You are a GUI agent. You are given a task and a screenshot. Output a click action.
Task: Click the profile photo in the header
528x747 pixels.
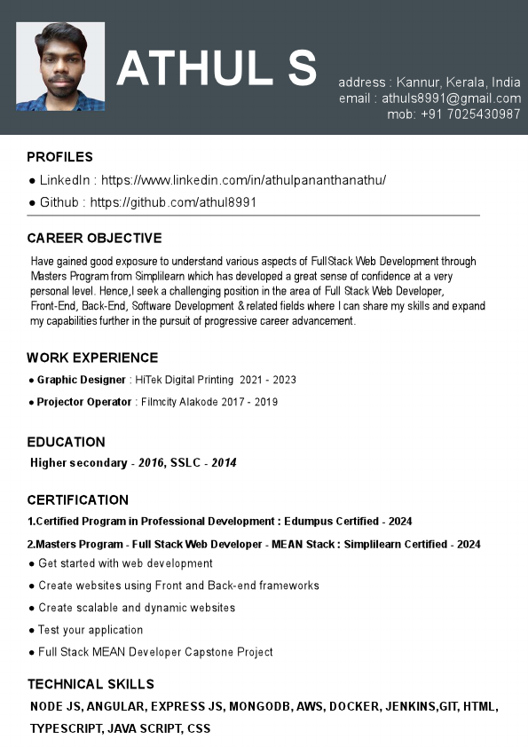tap(60, 67)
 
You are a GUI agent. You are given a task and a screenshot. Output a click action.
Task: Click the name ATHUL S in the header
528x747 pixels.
tap(217, 67)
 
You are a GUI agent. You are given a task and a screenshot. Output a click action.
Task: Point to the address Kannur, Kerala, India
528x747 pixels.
tap(459, 83)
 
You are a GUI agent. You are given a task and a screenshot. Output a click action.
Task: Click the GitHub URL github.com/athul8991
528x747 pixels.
tap(173, 202)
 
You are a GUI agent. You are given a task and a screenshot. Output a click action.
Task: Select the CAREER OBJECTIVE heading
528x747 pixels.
tap(94, 238)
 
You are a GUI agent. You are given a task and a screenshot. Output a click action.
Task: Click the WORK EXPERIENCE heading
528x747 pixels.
tap(92, 358)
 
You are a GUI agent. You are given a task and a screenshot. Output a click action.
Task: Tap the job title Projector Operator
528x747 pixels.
tap(84, 402)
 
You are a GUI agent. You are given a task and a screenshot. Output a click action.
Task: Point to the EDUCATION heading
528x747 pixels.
tap(66, 442)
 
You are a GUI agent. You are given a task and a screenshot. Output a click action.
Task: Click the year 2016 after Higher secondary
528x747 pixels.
tap(152, 463)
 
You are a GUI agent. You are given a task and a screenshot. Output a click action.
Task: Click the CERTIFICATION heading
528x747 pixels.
tap(77, 499)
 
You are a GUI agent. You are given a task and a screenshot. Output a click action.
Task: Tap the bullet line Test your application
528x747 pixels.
tap(91, 630)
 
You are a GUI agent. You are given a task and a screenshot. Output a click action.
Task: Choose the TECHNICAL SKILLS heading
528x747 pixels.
tap(91, 684)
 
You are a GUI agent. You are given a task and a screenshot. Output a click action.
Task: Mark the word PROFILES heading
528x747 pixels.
tap(59, 157)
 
